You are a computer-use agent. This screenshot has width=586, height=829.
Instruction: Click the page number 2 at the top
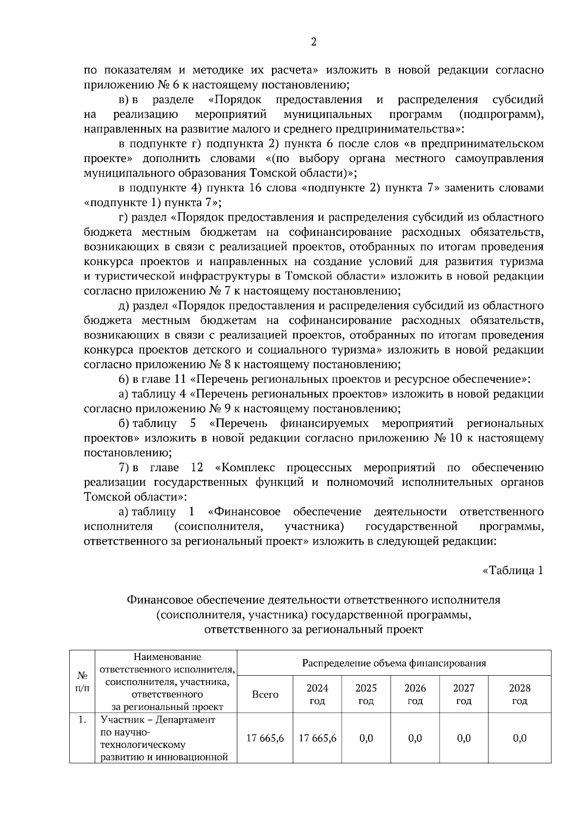314,42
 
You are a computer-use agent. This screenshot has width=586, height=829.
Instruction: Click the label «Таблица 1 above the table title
512,570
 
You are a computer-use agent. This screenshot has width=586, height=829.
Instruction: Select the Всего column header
265,694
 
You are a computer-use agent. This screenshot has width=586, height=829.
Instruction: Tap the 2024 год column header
317,694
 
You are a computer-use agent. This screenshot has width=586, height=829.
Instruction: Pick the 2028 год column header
520,694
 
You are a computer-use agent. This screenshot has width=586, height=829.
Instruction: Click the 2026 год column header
415,694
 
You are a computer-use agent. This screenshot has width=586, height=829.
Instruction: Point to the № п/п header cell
82,682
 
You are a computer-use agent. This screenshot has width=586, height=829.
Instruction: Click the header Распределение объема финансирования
394,663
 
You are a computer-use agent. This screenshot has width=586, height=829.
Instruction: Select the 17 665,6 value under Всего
265,738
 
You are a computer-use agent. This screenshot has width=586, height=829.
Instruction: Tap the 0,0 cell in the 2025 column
366,738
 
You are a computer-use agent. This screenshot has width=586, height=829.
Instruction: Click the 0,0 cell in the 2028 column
520,738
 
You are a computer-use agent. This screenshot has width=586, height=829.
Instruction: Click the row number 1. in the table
82,720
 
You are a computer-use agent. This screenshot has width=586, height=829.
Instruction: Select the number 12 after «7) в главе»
197,468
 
